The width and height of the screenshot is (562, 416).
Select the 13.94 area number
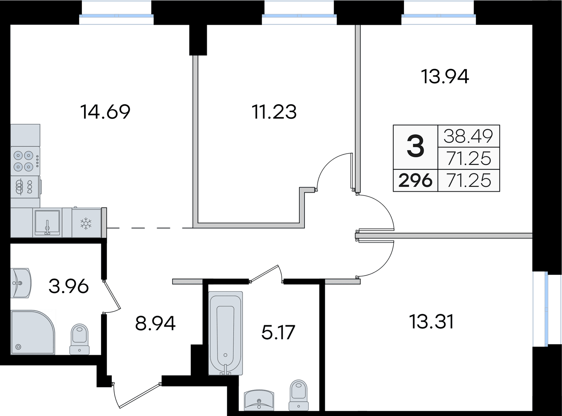tap(445, 77)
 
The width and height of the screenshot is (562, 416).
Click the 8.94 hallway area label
tap(155, 323)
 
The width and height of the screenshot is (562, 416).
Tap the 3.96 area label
tap(68, 286)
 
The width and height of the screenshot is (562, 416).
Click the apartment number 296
tap(415, 180)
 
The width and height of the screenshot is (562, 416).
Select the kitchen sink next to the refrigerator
tap(47, 222)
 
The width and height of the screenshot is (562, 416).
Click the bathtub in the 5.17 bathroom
tap(226, 333)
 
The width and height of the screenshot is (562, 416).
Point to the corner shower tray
tap(32, 332)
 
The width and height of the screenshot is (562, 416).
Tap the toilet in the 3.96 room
tap(80, 339)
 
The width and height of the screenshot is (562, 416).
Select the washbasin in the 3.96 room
tap(20, 283)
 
